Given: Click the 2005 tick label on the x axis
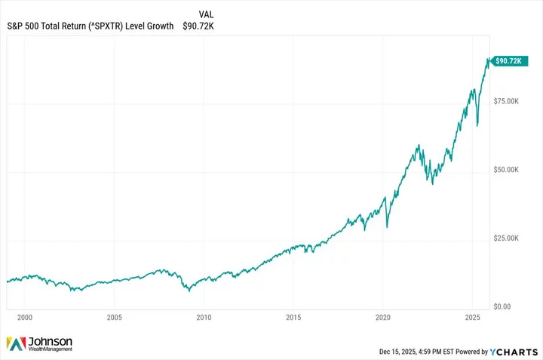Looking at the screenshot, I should point(114,318).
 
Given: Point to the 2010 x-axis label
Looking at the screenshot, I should point(204,318).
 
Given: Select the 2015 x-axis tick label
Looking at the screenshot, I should point(293,318).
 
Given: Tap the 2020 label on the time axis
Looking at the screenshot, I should point(383,318).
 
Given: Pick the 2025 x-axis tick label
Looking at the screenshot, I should point(472,318).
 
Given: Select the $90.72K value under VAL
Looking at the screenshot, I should point(198,26).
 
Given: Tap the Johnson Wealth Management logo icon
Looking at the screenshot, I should point(15,344).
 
